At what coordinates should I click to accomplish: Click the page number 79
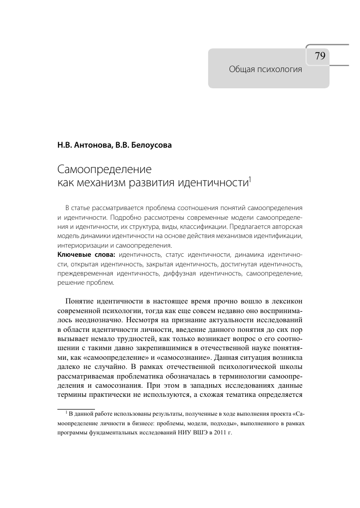click(320, 56)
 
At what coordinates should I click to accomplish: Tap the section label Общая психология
click(266, 70)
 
